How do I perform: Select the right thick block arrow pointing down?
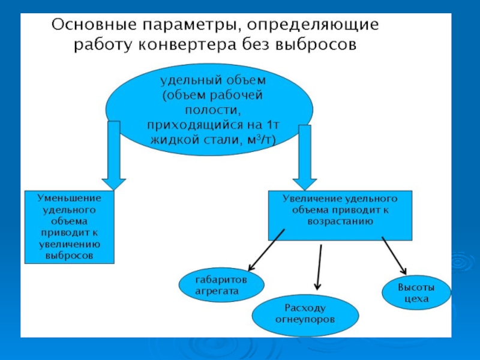tap(305, 156)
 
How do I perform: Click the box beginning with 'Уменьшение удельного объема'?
tap(70, 227)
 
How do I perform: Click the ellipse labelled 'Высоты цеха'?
tap(415, 292)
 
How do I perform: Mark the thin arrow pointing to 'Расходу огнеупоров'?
tap(319, 267)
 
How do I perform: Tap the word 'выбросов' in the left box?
tap(70, 255)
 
